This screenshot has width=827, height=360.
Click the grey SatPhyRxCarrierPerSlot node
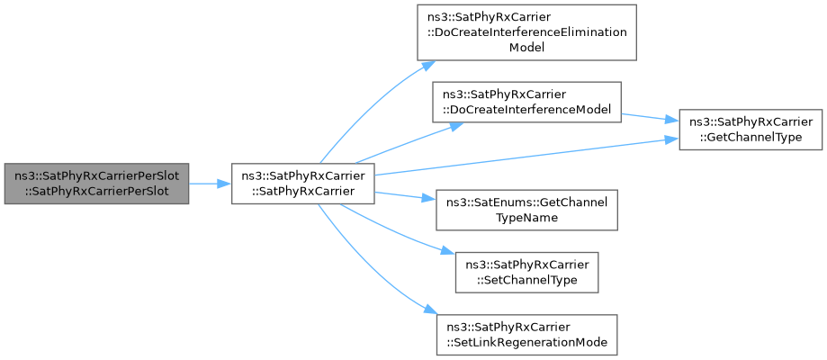point(96,184)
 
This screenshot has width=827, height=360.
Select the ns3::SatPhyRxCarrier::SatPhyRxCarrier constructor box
point(302,184)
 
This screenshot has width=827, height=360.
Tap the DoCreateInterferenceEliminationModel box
point(527,32)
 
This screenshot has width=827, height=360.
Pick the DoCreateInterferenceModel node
point(526,102)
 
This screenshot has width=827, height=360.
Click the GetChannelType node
point(751,130)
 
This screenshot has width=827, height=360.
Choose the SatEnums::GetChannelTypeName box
point(526,209)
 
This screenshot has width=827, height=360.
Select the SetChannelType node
point(527,273)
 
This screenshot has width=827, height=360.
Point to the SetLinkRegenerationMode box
point(527,335)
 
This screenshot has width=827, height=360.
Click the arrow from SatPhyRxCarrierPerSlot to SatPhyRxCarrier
point(210,184)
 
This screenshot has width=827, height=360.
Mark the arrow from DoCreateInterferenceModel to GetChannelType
point(650,118)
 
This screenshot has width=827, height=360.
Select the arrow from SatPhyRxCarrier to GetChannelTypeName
point(405,196)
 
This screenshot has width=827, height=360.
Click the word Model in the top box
point(527,47)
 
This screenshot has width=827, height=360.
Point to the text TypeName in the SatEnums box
point(527,216)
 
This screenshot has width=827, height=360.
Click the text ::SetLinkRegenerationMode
point(527,341)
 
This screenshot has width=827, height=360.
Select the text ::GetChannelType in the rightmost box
point(751,136)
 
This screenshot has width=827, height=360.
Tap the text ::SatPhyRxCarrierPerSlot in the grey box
point(97,191)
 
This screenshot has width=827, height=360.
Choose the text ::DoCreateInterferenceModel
point(527,109)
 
